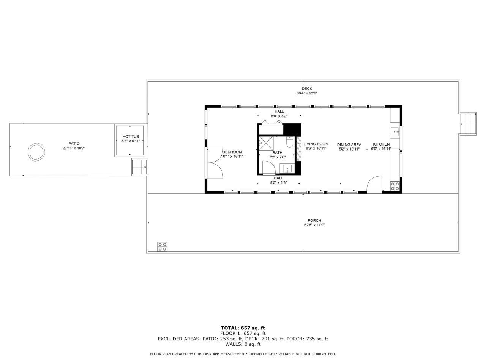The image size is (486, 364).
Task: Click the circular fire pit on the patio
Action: click(x=37, y=152)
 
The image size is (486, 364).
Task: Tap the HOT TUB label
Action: click(x=130, y=136)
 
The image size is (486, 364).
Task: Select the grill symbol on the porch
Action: click(x=163, y=246)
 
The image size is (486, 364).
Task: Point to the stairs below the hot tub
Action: click(x=139, y=167)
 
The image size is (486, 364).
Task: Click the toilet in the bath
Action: click(x=289, y=143)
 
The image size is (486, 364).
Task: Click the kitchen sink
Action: click(x=395, y=132)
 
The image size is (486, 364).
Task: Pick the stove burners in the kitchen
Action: click(x=395, y=186)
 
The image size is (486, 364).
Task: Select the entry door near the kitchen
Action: click(x=374, y=185)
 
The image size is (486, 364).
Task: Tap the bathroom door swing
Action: click(x=268, y=167)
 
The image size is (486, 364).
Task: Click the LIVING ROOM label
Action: click(x=316, y=144)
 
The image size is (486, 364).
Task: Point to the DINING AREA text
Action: click(x=349, y=144)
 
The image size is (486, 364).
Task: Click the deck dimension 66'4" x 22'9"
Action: click(x=307, y=93)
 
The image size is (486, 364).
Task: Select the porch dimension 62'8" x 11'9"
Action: click(x=314, y=225)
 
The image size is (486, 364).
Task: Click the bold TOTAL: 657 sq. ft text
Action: click(x=243, y=328)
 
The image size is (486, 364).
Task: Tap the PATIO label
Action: click(x=74, y=144)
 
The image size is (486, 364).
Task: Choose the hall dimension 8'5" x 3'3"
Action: click(x=278, y=182)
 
